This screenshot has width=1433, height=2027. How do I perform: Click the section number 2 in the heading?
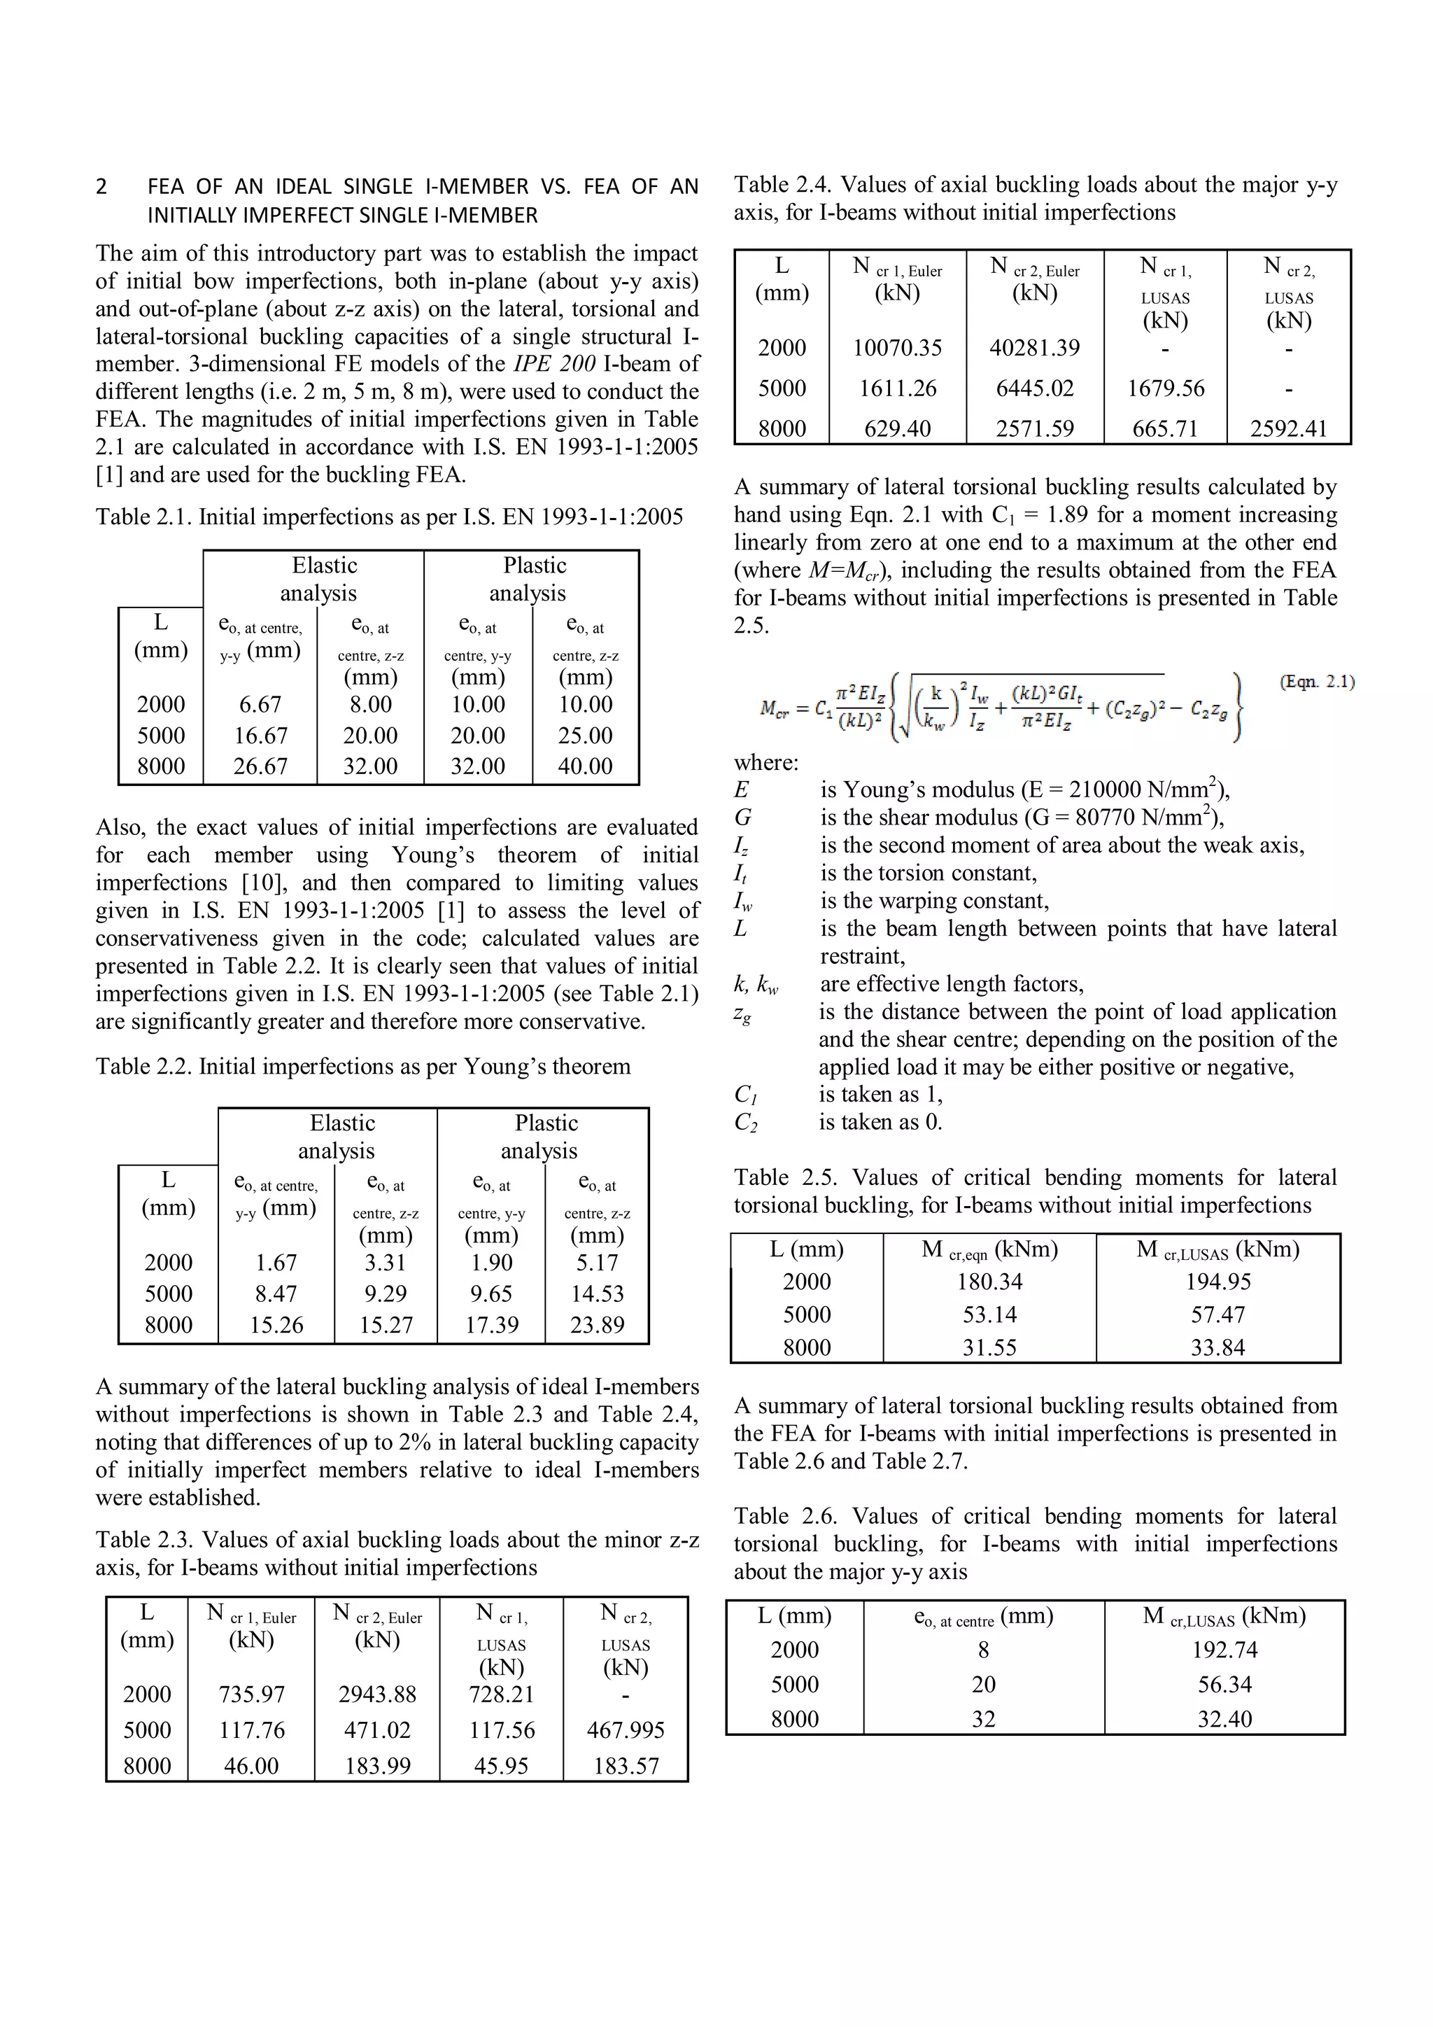coord(101,187)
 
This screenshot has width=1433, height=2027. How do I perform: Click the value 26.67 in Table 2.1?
coord(260,766)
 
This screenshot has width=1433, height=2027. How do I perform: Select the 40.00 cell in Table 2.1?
coord(585,766)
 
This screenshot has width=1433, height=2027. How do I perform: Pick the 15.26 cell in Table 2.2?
coord(276,1324)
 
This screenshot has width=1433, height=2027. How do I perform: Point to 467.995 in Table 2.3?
coord(626,1730)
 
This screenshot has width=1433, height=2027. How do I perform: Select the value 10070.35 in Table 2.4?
coord(898,348)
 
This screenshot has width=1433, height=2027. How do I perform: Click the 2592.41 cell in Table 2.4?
coord(1288,429)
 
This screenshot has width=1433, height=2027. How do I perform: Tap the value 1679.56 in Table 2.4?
coord(1166,388)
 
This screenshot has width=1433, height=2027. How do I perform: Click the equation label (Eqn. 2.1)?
coord(1317,682)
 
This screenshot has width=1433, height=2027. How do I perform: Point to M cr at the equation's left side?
coord(774,708)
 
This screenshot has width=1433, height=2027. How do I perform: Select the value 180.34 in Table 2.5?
coord(989,1282)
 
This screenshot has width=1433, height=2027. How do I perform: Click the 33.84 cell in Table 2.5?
coord(1217,1347)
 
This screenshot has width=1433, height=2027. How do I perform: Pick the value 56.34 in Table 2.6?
coord(1224,1685)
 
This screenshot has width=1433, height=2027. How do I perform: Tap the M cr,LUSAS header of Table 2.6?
coord(1224,1616)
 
